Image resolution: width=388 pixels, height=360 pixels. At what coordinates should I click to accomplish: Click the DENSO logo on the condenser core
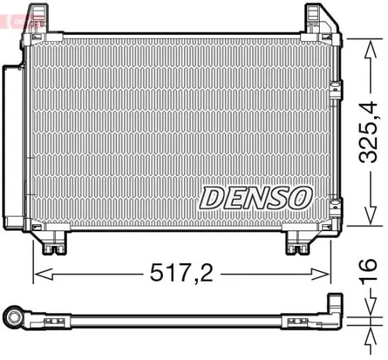(256, 199)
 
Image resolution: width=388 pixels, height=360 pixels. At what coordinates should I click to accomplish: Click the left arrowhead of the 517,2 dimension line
(38, 273)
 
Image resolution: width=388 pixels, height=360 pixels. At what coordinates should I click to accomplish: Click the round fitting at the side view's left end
(16, 317)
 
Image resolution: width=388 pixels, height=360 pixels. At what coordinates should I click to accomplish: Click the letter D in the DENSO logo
(213, 199)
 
